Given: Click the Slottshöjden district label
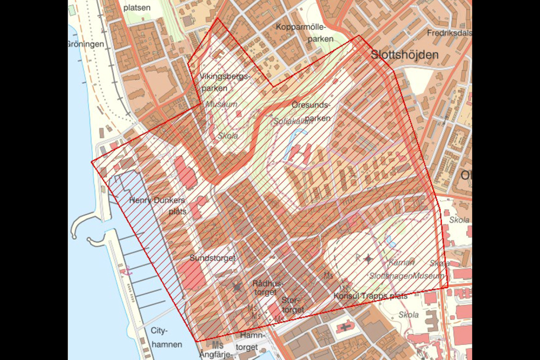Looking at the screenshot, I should (x=404, y=55).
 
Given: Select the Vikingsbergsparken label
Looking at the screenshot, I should (x=225, y=82).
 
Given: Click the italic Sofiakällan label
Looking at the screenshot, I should (x=293, y=122).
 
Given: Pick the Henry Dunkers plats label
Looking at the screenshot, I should (x=158, y=206).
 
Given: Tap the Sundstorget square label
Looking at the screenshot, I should (x=212, y=259).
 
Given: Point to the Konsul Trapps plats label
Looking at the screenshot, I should (x=370, y=296).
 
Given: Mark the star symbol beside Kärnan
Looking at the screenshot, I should (x=368, y=259).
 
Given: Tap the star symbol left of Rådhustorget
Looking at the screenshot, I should (x=237, y=288).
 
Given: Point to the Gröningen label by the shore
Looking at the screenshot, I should (x=85, y=45).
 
